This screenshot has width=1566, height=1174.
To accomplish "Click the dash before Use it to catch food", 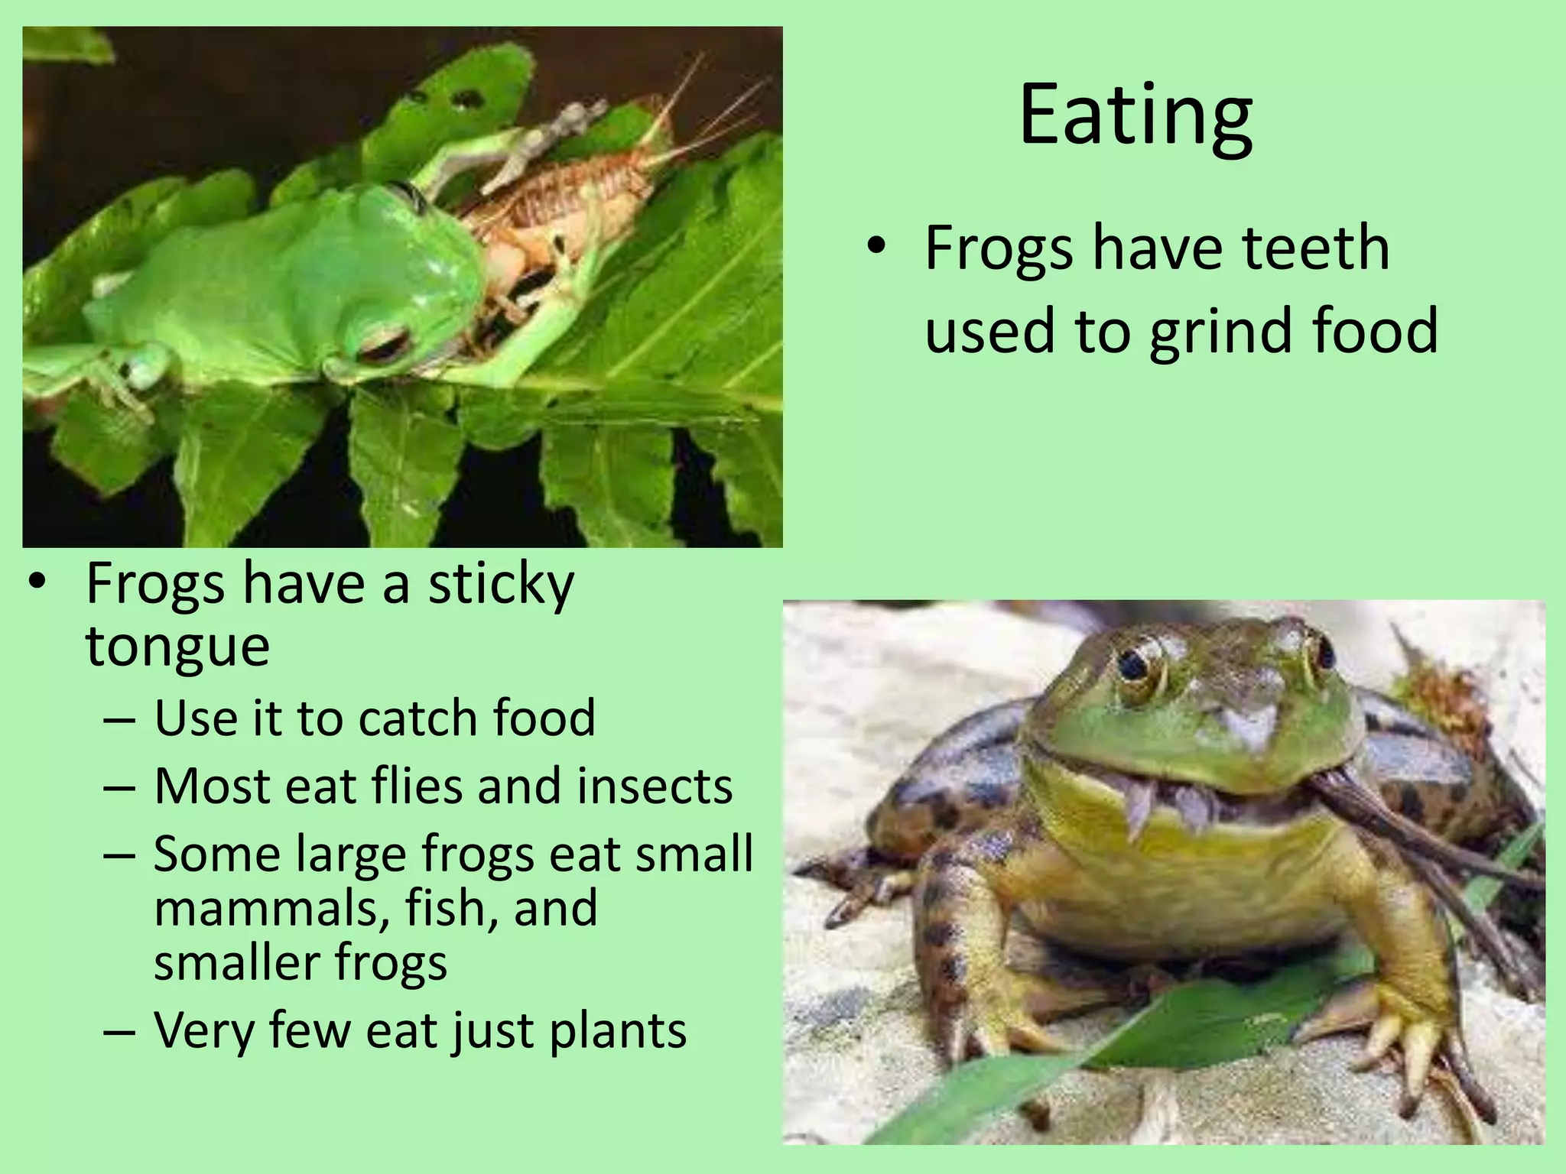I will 119,719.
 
